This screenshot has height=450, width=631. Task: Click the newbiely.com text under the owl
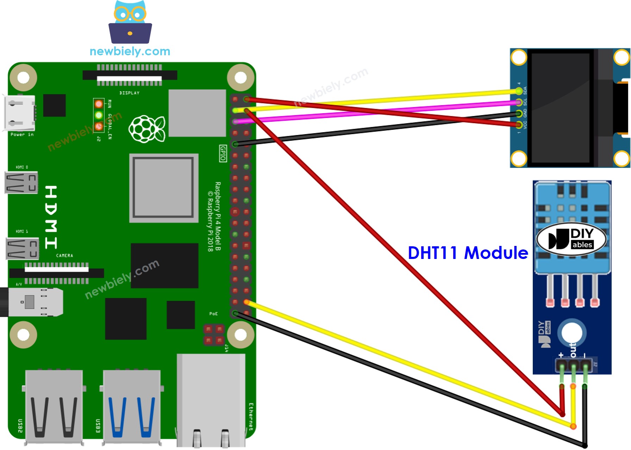coord(130,51)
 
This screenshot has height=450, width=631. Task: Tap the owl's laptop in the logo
coord(130,33)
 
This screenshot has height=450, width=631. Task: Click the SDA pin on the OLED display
coord(519,91)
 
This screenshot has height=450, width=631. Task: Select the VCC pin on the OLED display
coord(519,124)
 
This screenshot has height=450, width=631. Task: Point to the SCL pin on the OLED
coord(519,102)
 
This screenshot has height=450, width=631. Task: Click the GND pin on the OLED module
coord(519,113)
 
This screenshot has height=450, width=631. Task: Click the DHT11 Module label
coord(468,253)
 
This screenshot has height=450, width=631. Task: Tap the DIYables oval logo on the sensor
coord(571,239)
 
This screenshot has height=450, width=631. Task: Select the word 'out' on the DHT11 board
coord(573,350)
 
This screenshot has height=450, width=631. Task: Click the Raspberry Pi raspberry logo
coord(147,128)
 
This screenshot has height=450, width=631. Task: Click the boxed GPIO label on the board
coord(223,153)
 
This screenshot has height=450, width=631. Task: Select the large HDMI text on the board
coord(51,217)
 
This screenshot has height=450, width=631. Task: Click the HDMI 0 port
coord(21,182)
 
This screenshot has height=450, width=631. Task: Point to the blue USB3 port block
coord(132,405)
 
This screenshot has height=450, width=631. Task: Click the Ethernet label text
coord(251,417)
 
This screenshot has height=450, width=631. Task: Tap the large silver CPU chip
coord(164,188)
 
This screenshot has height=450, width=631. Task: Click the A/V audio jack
coord(33,302)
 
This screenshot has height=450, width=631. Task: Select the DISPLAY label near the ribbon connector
coord(129,93)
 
